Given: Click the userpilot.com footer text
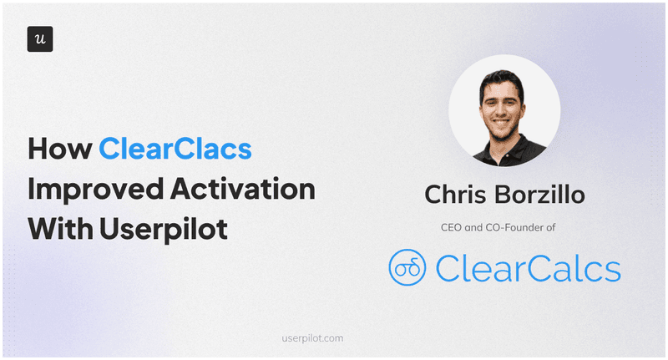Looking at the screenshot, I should coord(313,338).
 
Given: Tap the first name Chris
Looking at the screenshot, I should coord(461,195).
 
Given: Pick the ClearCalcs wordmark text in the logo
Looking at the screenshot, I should coord(528,268).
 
